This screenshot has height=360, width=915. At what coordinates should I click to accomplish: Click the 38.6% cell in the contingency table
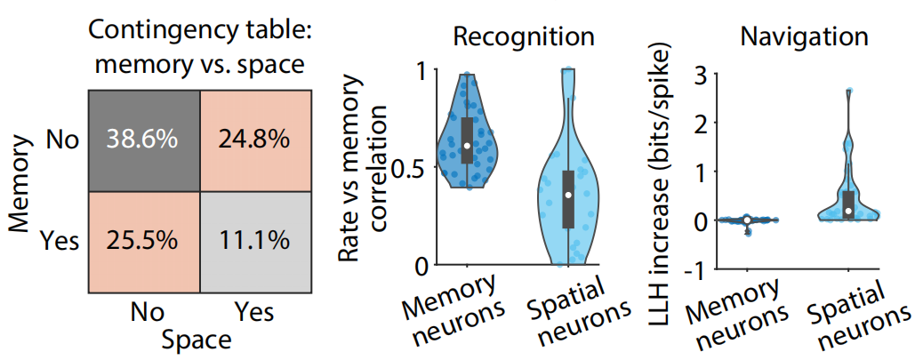click(143, 140)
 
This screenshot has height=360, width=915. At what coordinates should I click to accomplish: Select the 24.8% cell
click(253, 140)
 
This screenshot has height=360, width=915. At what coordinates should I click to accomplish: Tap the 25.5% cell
click(143, 239)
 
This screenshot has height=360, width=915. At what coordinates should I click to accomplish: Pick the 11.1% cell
click(253, 239)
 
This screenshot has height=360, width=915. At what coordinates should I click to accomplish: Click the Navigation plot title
click(805, 37)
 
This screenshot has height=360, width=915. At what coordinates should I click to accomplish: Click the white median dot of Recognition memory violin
click(467, 145)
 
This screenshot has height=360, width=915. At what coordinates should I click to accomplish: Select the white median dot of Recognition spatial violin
click(568, 195)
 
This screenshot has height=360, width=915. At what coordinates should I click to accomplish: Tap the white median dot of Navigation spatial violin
click(849, 211)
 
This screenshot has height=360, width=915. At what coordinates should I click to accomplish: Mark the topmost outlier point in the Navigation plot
click(849, 91)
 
